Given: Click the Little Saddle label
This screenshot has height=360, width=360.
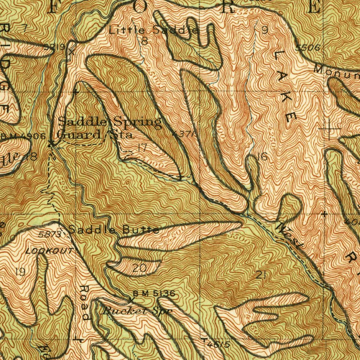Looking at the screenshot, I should [154, 30].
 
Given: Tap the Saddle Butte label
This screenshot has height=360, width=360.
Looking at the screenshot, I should [113, 230].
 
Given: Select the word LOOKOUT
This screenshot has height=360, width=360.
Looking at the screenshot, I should [50, 251].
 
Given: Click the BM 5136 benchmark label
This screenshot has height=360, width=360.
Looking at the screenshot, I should [154, 293].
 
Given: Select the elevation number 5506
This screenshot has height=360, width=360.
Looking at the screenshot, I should [307, 48].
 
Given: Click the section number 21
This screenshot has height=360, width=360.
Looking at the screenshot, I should [261, 275].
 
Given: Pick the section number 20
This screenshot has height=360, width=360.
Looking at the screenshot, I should [140, 269].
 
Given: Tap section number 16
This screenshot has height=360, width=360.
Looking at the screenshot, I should [262, 157].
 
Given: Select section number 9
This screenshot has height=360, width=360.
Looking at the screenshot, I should [265, 31].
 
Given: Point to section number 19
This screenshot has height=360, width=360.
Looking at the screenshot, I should [20, 271].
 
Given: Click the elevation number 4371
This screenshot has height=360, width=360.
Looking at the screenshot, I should [182, 134].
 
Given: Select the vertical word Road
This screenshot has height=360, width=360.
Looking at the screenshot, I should [84, 302].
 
